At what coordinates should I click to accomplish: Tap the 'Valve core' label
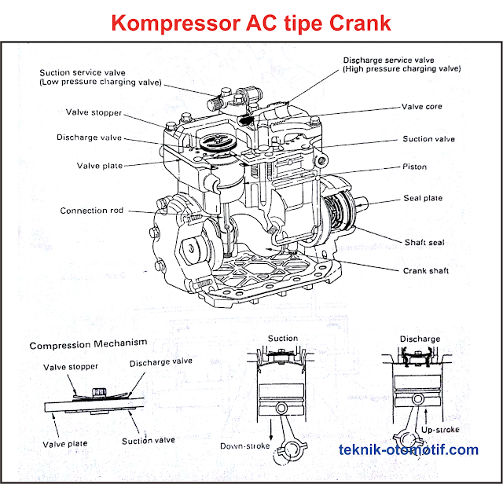point(422,107)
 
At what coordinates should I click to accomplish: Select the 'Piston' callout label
point(414,167)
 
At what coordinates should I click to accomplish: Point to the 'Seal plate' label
point(423,198)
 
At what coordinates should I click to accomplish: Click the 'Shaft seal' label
point(424,242)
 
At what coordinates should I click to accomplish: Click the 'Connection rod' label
point(94,211)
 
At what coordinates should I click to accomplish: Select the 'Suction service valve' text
point(90,73)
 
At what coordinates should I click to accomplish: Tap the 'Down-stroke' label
point(244,446)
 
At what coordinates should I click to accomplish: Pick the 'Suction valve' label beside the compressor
point(428,139)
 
